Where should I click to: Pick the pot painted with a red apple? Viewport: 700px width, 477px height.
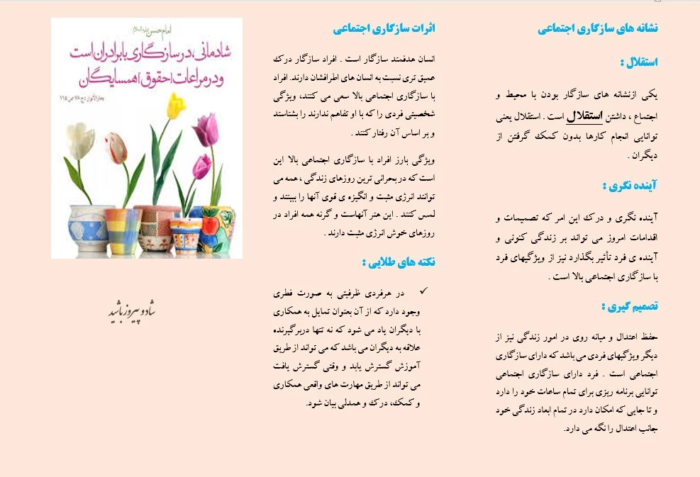coord(217,228)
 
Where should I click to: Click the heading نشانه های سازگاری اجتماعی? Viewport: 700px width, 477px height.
coord(597,28)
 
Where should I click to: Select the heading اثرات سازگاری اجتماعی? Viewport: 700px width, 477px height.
coord(384,28)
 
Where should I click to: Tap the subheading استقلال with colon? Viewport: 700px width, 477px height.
coord(638,62)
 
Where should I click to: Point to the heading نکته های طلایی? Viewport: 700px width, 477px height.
coord(398,262)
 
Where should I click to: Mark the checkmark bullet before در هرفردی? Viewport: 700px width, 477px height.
coord(423,291)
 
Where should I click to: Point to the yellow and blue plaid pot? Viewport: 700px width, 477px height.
coord(123,230)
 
